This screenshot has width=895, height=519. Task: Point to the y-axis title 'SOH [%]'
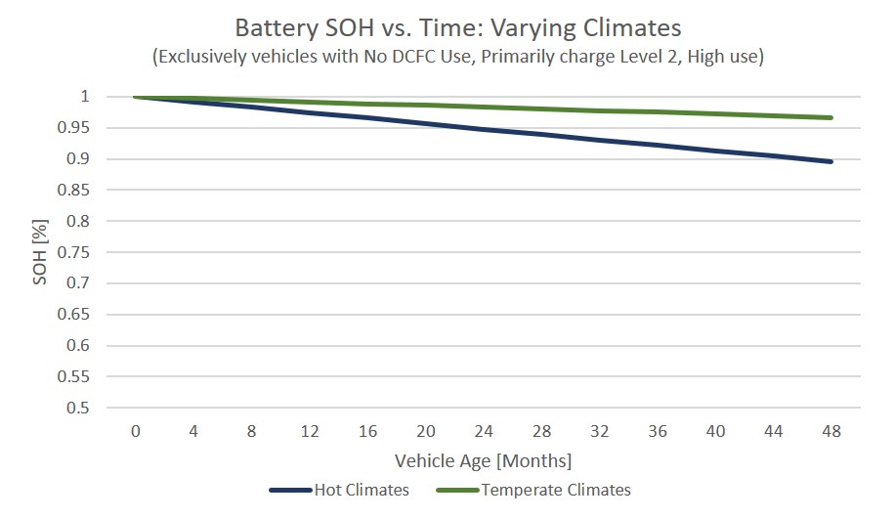click(40, 252)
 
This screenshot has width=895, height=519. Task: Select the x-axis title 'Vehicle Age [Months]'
click(483, 459)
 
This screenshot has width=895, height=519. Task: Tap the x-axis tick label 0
click(135, 431)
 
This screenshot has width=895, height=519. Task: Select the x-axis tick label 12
click(309, 431)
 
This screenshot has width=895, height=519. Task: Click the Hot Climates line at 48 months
click(831, 161)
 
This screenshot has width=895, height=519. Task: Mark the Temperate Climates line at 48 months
click(831, 118)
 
